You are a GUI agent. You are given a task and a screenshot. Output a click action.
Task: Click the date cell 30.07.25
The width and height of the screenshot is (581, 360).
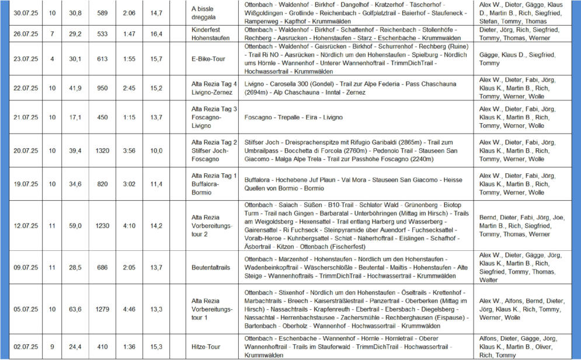(25, 13)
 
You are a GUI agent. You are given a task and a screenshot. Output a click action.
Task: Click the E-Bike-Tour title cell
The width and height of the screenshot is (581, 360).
(208, 59)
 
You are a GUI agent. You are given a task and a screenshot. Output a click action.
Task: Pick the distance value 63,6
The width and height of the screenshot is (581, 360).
(75, 309)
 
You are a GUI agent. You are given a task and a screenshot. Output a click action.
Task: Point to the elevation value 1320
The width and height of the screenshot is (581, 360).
(103, 151)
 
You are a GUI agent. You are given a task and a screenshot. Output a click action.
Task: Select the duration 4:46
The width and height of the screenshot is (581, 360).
(130, 309)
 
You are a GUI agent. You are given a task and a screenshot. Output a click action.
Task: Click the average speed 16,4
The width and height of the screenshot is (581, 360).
(156, 34)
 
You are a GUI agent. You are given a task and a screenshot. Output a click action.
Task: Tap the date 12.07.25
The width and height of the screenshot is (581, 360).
(25, 226)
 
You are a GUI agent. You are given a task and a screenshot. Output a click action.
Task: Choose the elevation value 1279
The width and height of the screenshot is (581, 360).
(103, 309)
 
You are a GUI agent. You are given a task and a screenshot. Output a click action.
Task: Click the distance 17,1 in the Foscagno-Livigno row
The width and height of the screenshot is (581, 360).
(75, 117)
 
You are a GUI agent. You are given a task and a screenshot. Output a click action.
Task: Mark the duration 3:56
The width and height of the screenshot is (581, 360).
(130, 151)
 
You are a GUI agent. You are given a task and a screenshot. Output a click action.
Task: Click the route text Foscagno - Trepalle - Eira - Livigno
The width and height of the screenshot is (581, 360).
(294, 117)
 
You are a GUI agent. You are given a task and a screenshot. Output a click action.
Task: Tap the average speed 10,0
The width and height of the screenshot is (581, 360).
(156, 151)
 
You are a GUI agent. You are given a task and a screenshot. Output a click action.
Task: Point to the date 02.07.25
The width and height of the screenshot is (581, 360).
(25, 347)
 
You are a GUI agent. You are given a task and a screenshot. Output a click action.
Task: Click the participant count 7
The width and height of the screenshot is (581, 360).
(52, 34)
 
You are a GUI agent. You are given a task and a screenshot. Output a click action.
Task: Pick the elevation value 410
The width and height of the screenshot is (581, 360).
(103, 347)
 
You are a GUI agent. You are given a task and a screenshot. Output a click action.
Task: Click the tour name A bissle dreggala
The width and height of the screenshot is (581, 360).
(206, 13)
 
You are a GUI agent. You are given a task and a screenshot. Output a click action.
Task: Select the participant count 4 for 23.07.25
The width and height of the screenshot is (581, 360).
(52, 59)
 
